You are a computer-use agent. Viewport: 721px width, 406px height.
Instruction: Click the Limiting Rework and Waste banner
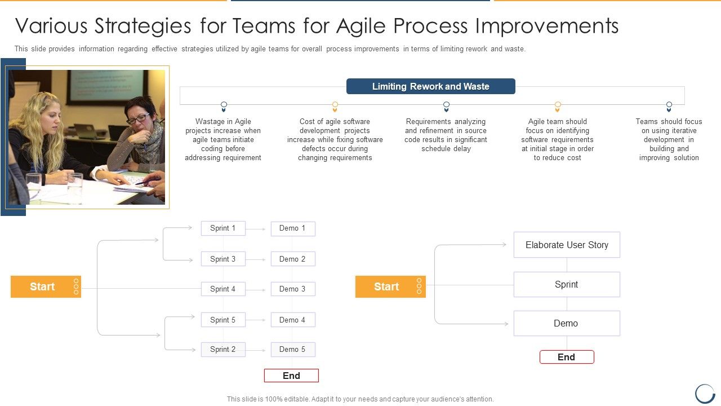tap(430, 86)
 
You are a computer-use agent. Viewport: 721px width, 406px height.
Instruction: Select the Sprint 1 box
tap(223, 228)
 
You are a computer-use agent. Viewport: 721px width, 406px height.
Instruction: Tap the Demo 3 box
tap(293, 289)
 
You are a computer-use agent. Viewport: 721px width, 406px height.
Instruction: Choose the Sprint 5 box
tap(223, 320)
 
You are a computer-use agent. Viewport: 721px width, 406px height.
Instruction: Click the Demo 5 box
tap(293, 350)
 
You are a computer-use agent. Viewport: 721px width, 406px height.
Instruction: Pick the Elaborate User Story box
tap(567, 245)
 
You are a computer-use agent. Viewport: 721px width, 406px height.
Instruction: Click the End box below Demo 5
tap(291, 376)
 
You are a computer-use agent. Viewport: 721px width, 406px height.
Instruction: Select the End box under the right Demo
tap(567, 357)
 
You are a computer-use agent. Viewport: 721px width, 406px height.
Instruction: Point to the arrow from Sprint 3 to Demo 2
tap(256, 259)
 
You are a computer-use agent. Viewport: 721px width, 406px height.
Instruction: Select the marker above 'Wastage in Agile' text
tap(224, 105)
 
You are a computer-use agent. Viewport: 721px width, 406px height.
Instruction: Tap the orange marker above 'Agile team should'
tap(558, 105)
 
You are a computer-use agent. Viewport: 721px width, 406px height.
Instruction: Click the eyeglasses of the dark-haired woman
tap(137, 118)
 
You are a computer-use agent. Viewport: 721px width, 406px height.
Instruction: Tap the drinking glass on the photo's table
tap(74, 186)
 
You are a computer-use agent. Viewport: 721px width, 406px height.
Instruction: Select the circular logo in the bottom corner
tap(705, 393)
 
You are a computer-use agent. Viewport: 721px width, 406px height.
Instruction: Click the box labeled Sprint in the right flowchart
tap(567, 285)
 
